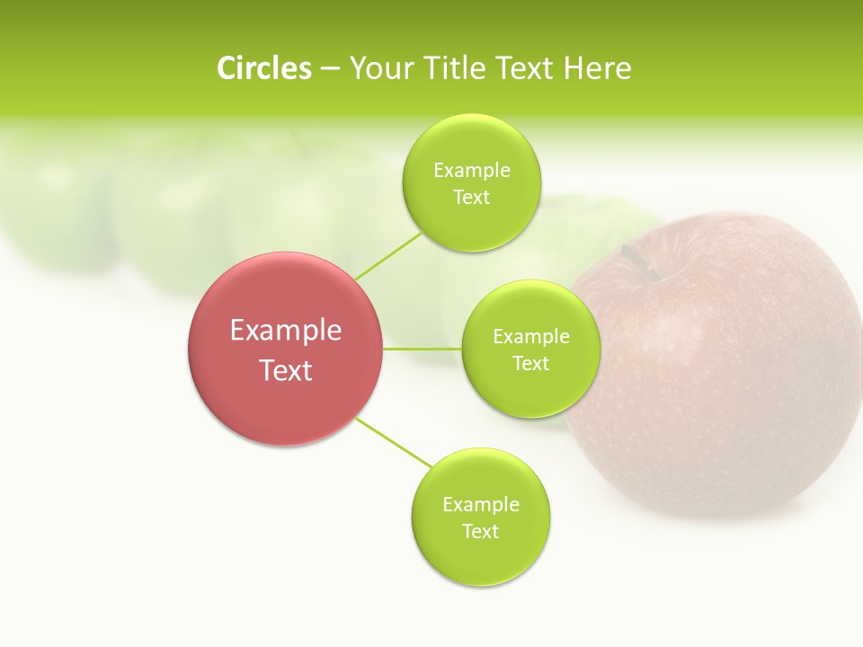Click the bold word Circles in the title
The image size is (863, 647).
point(263,68)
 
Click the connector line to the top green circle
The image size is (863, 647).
point(388,255)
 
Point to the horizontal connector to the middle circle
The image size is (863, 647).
point(423,348)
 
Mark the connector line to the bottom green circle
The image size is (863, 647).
point(393,442)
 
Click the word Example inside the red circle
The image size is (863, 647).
point(286,331)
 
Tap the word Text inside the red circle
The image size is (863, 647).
point(286,370)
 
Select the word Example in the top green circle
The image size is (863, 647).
point(471,171)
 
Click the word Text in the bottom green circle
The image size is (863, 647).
point(480,531)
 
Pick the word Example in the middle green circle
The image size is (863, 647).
point(530,337)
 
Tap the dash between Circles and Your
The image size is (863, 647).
point(330,68)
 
